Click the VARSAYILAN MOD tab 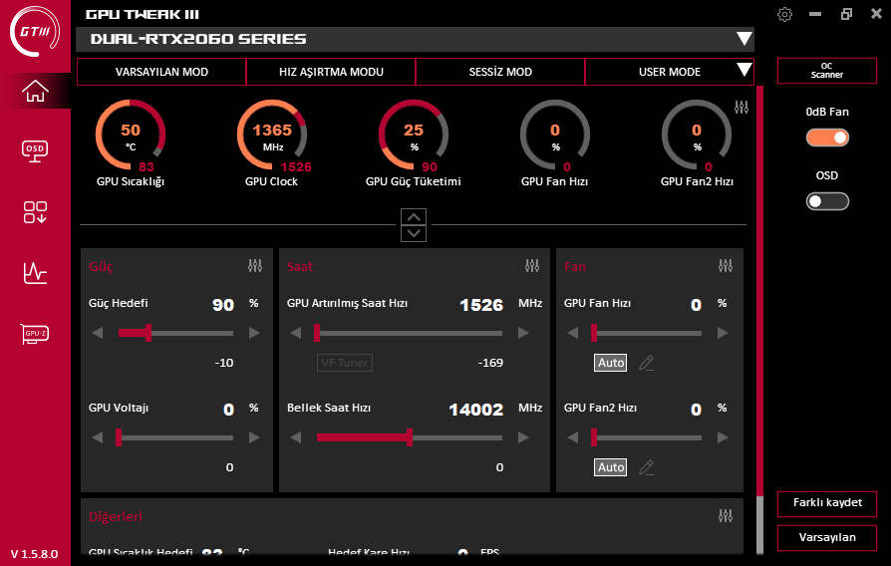(161, 72)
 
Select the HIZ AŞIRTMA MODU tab (331, 72)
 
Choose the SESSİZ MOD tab (500, 72)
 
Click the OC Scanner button (826, 71)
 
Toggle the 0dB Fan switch (827, 138)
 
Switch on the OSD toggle (827, 201)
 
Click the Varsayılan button (827, 537)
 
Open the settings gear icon (785, 14)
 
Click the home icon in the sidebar (35, 91)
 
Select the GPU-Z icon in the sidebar (35, 333)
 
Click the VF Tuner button (345, 363)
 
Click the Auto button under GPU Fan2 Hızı (611, 467)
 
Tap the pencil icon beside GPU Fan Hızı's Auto (647, 363)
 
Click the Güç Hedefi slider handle (148, 333)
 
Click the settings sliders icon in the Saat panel (532, 266)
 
